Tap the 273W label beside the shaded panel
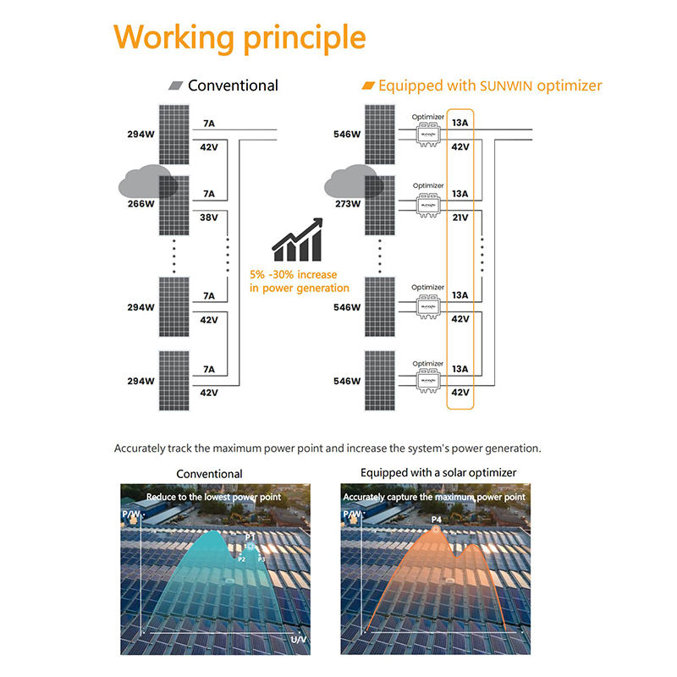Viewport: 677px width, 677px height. click(348, 204)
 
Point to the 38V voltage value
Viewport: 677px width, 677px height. click(209, 217)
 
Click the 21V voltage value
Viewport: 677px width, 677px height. click(460, 217)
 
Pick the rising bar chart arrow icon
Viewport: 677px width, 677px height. click(297, 239)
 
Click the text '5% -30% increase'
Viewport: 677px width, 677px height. click(293, 274)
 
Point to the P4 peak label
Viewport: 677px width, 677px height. click(437, 520)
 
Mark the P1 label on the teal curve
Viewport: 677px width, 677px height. click(250, 537)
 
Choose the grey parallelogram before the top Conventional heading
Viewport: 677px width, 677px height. click(176, 85)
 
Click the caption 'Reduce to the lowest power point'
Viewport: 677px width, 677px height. click(213, 497)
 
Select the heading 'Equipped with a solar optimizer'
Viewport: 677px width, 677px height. click(438, 472)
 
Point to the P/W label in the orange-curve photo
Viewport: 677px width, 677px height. click(353, 514)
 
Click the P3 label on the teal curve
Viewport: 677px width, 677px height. click(261, 559)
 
